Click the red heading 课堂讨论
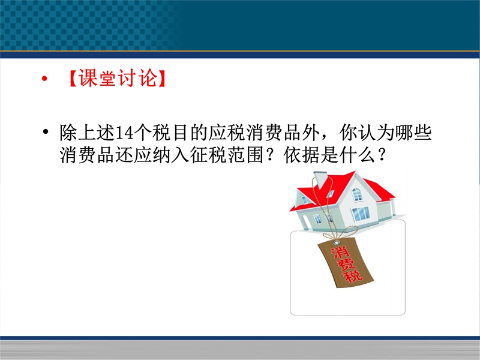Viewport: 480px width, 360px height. tap(118, 78)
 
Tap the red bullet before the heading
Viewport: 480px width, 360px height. tap(44, 79)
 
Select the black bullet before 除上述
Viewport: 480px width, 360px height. tap(46, 132)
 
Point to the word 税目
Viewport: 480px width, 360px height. tap(170, 133)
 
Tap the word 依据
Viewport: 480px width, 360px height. tap(302, 155)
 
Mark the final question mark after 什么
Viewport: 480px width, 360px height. tap(382, 155)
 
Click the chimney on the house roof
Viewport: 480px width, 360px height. tap(320, 179)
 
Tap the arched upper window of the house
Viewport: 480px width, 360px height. tap(357, 194)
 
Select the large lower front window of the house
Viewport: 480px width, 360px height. tap(361, 214)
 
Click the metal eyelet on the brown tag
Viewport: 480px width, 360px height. tap(337, 243)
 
